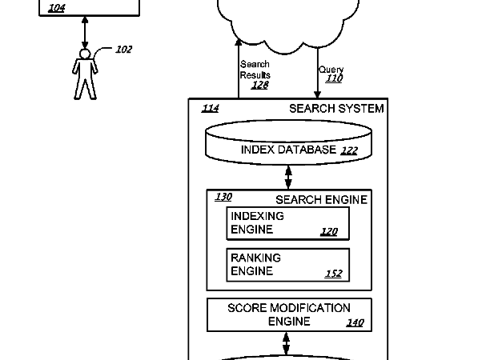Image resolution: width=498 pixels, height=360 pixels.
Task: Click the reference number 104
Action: coord(57,8)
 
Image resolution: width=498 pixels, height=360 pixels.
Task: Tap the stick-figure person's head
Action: coord(84,54)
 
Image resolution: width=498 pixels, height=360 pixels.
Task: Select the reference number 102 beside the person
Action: coord(123,50)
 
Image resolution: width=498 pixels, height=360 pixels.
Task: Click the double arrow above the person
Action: coord(84,32)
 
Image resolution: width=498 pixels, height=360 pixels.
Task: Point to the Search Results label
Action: coord(255,70)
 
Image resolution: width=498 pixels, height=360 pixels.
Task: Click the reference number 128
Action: coord(259,85)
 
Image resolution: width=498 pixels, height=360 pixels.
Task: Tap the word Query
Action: coord(331,70)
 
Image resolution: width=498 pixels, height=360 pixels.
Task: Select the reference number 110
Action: coord(334,78)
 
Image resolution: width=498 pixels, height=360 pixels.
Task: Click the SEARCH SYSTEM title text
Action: coord(336,109)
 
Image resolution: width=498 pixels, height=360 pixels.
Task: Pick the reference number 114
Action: coord(210,109)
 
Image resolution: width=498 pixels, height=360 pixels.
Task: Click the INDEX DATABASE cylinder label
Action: coord(288,150)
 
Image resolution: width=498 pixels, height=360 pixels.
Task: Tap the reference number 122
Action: coord(349,150)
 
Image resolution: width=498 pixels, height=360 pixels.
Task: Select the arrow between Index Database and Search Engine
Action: coord(288,176)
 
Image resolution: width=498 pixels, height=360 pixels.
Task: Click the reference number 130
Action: coord(223,197)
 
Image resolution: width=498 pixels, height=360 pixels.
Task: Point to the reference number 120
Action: coord(329,232)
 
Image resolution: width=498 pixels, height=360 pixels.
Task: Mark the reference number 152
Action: coord(333,274)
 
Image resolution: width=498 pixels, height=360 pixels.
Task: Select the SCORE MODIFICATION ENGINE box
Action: coord(289,314)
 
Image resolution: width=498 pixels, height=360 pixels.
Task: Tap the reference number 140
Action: coord(355,323)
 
